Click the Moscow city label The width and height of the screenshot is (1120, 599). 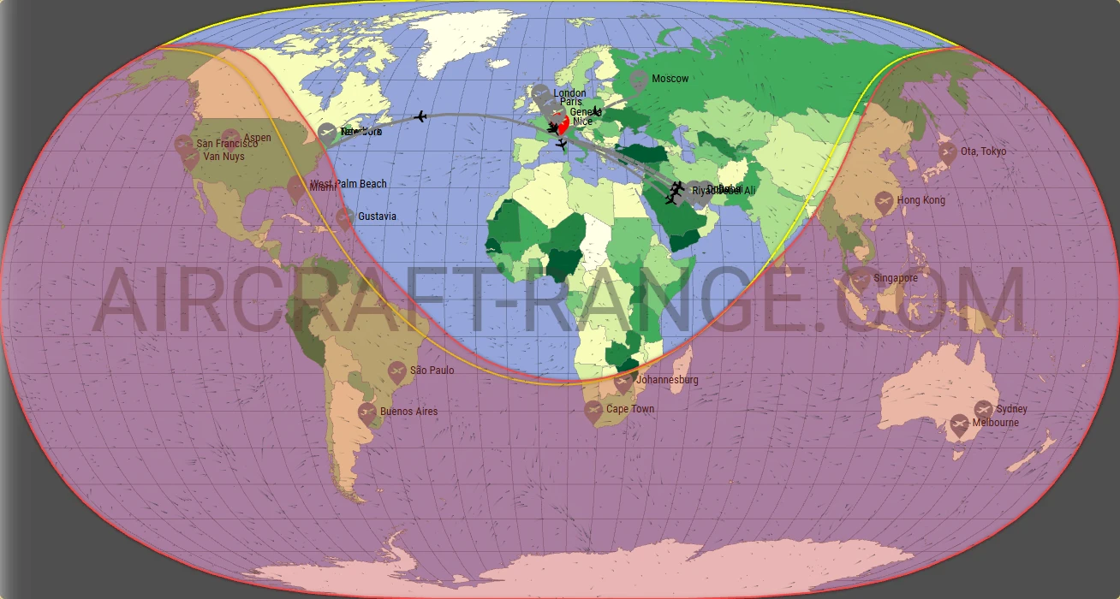(x=670, y=79)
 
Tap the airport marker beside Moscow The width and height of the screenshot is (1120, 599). (x=638, y=81)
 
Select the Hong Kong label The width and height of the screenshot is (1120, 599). (x=921, y=200)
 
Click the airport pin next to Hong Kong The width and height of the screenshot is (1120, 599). (x=885, y=203)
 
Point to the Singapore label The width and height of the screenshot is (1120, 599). (x=896, y=278)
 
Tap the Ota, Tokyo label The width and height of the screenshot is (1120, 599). (x=983, y=151)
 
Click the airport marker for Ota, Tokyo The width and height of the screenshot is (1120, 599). (x=947, y=152)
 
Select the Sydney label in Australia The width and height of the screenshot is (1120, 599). (x=1011, y=409)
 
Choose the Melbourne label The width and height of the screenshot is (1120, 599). (x=995, y=423)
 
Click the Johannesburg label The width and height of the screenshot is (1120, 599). (x=668, y=380)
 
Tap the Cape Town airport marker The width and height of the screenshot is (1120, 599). (x=593, y=411)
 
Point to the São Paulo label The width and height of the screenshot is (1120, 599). (x=432, y=371)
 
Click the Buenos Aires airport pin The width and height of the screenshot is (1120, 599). (x=367, y=413)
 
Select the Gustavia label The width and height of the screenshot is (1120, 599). (x=377, y=216)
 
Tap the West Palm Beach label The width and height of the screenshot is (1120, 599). (x=349, y=184)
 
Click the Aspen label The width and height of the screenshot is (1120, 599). (x=257, y=138)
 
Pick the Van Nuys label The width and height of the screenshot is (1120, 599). (x=223, y=157)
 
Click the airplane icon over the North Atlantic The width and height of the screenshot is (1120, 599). (x=420, y=116)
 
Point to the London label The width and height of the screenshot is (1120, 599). (x=569, y=93)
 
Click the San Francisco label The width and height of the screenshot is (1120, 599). (x=227, y=144)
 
